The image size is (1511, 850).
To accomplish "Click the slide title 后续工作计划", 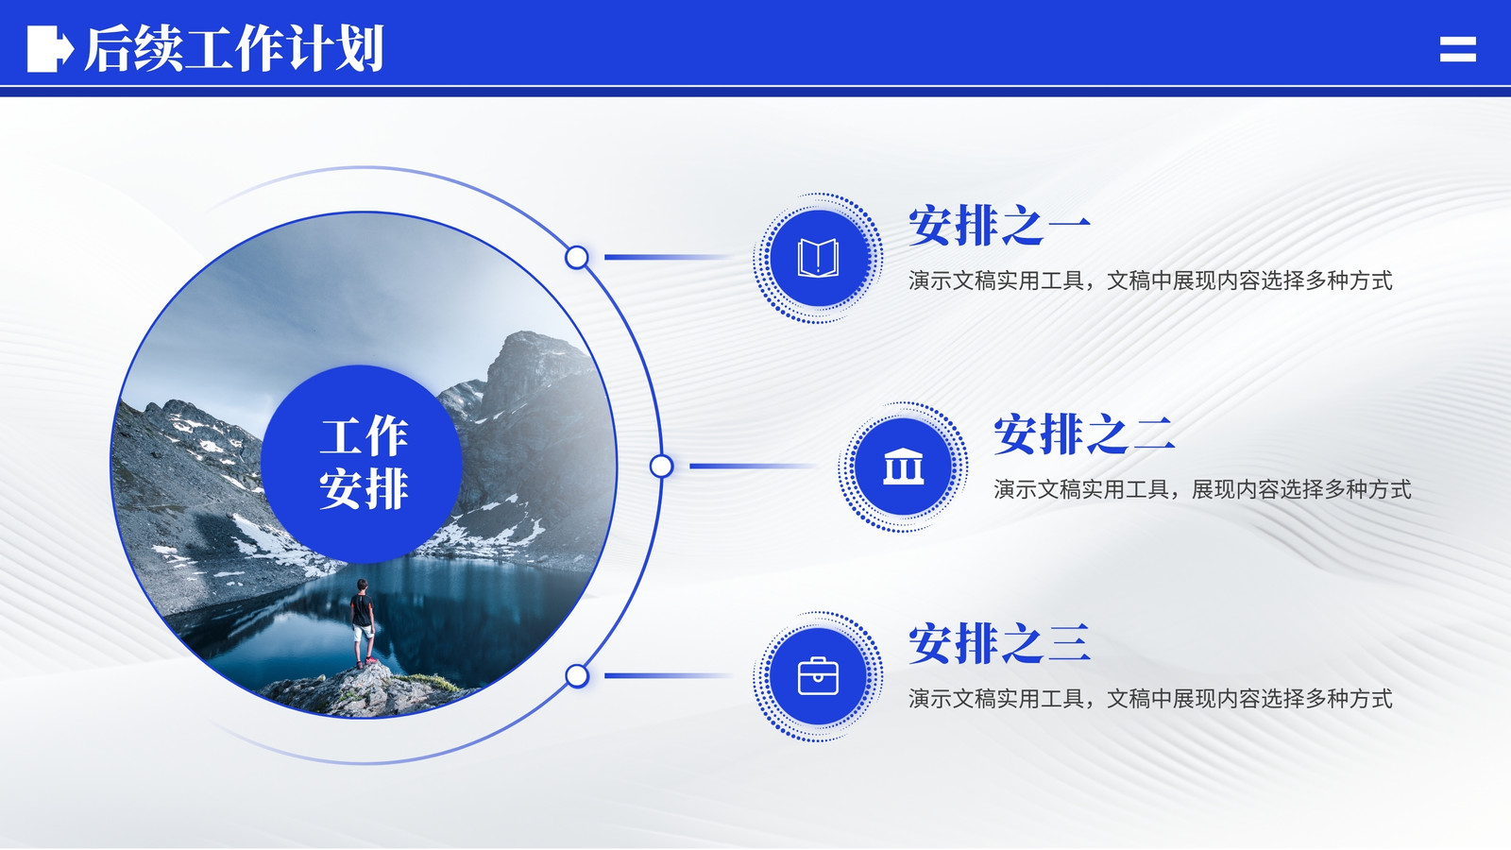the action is click(x=234, y=48).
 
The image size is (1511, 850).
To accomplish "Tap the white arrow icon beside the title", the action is click(x=50, y=48).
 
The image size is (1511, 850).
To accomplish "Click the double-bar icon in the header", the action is click(x=1458, y=49).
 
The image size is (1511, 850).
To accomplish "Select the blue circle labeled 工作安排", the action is click(x=363, y=464).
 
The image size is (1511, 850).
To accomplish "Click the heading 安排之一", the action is click(x=999, y=226).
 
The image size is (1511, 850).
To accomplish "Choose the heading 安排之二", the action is click(x=1085, y=434).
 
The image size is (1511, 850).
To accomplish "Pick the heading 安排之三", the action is click(x=999, y=643).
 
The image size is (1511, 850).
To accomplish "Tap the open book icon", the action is click(x=818, y=258).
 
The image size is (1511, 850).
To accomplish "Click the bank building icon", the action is click(x=903, y=467).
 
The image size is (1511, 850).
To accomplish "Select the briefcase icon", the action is click(x=818, y=676).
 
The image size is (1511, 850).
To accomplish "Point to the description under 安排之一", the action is click(x=1150, y=280).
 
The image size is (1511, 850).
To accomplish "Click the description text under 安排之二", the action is click(x=1202, y=490).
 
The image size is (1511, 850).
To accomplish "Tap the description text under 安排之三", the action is click(x=1150, y=699).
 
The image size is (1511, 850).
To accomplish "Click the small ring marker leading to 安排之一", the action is click(x=577, y=257).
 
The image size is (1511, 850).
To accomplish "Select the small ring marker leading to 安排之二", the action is click(x=662, y=467).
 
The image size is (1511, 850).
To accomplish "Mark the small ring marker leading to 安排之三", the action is click(x=577, y=675).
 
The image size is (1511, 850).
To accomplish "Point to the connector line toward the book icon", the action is click(x=668, y=257).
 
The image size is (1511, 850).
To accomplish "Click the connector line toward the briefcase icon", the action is click(x=668, y=675).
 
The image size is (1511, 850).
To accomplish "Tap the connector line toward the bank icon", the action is click(x=753, y=467).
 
